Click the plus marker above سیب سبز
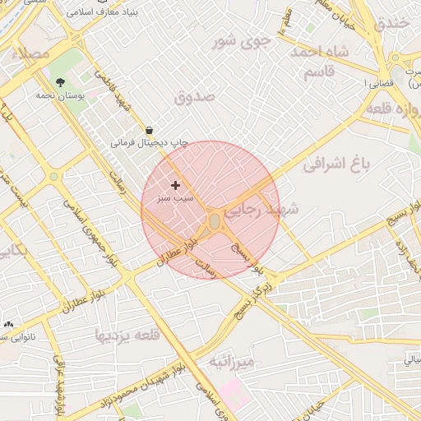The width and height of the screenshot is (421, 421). (175, 185)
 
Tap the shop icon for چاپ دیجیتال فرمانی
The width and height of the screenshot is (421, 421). (149, 129)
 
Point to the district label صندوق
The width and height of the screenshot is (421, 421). (195, 96)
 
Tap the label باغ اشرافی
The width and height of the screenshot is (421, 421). (337, 164)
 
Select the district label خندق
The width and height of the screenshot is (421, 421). (391, 24)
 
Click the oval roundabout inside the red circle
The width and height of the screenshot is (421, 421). (215, 221)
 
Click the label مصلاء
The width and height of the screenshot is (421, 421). (32, 53)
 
